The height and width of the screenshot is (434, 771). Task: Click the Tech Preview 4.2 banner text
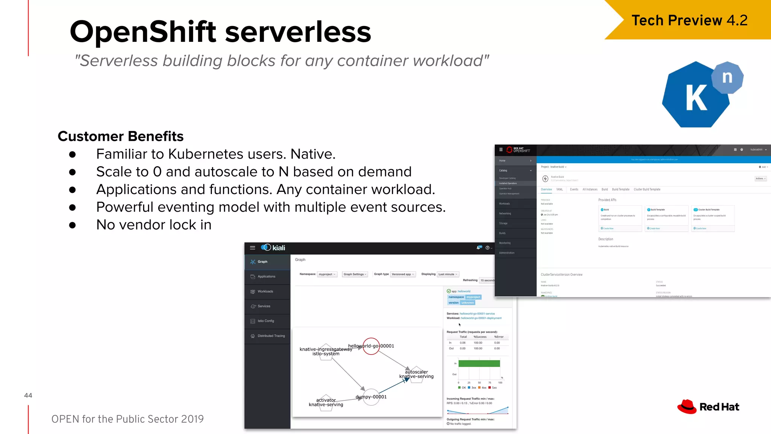689,20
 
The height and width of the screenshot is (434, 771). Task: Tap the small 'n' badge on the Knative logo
727,78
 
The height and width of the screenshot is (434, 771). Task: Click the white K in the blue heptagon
696,98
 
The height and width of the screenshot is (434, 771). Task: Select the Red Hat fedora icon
687,407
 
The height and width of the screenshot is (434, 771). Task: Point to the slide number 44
28,395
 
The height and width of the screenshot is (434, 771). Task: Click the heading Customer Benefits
120,136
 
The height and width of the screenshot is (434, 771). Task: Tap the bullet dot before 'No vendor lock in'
72,225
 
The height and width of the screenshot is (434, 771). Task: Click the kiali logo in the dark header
273,248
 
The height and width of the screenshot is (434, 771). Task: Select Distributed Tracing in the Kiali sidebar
271,336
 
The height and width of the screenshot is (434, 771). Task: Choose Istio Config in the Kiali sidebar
265,321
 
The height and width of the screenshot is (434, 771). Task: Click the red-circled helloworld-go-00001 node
371,346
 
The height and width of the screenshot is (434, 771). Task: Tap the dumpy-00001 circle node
371,397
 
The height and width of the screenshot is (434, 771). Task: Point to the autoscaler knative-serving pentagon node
416,374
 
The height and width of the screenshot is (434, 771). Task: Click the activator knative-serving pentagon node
326,403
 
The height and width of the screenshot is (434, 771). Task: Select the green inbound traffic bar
479,364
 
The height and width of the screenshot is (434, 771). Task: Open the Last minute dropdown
448,274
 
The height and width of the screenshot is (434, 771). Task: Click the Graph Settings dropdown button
355,274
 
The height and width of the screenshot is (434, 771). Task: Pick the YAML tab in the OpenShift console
559,189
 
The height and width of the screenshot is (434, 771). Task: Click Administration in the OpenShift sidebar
507,253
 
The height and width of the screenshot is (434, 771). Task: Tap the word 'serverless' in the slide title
298,32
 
